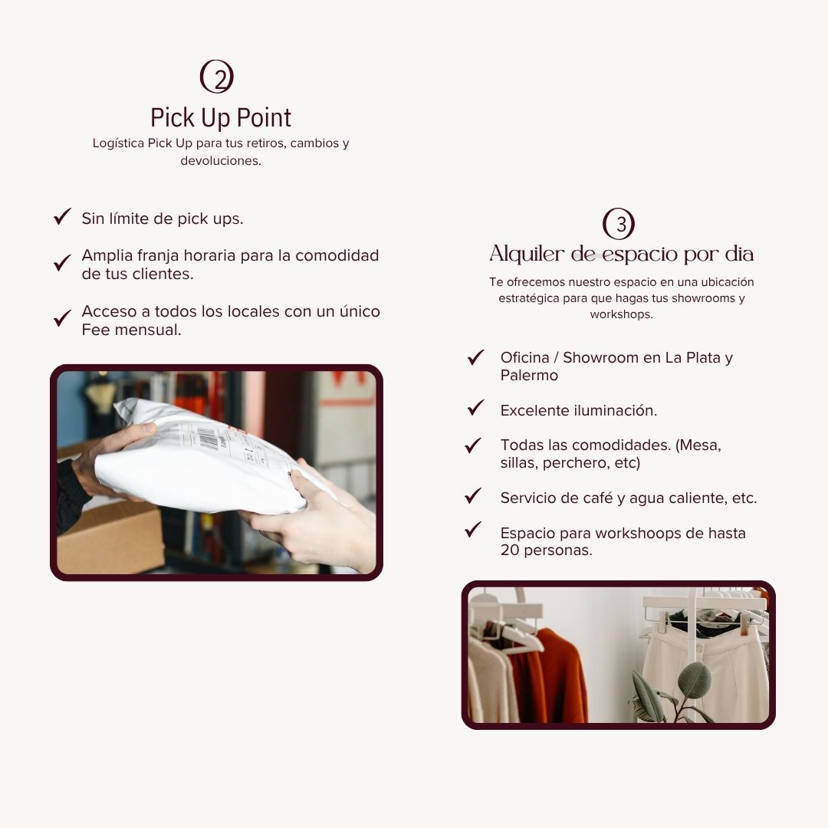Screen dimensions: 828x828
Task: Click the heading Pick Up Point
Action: (221, 117)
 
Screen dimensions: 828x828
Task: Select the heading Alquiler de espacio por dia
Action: (621, 254)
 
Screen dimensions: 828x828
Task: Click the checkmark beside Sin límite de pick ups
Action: (62, 216)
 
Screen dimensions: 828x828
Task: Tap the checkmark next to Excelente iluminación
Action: (476, 407)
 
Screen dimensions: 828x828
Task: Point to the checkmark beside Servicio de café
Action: (473, 495)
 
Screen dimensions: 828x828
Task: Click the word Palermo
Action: (529, 376)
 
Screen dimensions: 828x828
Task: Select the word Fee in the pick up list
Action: (96, 330)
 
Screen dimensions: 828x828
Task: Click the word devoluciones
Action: (221, 160)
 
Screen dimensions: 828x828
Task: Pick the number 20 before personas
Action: (510, 550)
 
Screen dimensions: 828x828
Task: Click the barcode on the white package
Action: (209, 438)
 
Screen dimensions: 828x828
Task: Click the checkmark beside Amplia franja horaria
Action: (62, 262)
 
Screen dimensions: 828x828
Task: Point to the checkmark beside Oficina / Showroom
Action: (476, 357)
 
